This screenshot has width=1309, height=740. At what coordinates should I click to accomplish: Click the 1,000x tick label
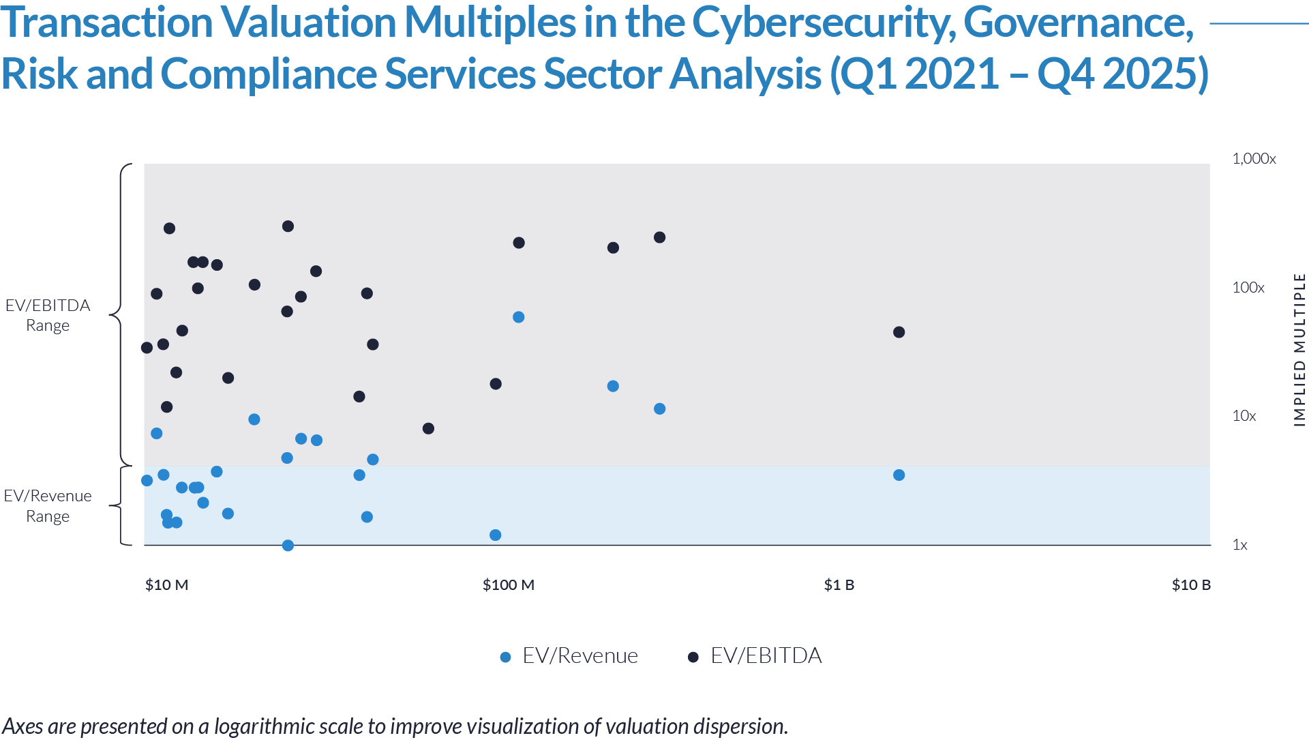click(x=1253, y=159)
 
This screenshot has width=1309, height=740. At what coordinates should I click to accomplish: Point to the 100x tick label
click(x=1248, y=287)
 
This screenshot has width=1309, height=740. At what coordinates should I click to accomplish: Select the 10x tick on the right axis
click(x=1244, y=416)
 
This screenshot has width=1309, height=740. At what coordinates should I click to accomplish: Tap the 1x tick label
click(x=1239, y=545)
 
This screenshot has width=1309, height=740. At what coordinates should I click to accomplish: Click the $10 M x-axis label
click(x=166, y=585)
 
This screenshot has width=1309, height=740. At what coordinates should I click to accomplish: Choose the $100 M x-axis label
click(x=508, y=585)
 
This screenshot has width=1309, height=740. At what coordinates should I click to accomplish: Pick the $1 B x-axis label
click(x=839, y=585)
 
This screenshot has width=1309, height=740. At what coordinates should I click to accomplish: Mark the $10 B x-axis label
click(x=1191, y=585)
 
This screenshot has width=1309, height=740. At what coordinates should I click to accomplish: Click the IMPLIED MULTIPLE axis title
click(x=1299, y=350)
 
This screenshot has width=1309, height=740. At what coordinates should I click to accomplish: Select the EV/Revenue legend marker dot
click(x=505, y=657)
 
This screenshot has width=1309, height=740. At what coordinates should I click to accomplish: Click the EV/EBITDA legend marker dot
click(x=693, y=657)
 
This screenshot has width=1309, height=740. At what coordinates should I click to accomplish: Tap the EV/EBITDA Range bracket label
click(x=48, y=315)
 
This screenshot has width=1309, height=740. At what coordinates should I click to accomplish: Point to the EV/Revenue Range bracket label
click(x=48, y=506)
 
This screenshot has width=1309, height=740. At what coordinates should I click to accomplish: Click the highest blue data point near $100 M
click(x=518, y=317)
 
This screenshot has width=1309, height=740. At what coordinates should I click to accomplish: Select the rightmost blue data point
click(x=659, y=409)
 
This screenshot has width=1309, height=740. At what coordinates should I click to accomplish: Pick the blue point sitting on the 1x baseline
click(x=288, y=546)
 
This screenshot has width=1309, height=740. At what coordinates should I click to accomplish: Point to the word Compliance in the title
click(x=269, y=74)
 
